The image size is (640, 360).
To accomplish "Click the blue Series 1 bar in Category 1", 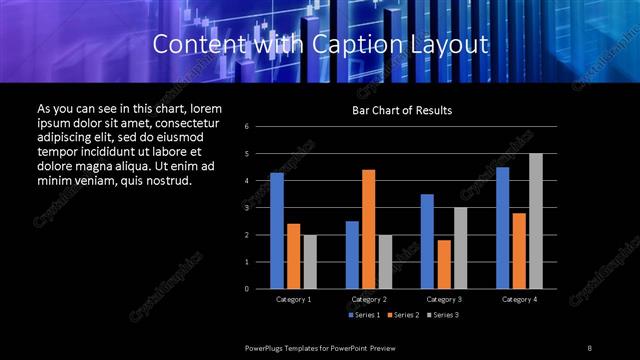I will point(277,230).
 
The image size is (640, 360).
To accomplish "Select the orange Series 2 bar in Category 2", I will point(368,229).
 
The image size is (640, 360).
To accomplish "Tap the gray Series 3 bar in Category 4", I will point(536,221).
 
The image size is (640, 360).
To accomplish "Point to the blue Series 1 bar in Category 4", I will point(503,227).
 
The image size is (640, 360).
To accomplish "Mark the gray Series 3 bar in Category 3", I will point(460,248).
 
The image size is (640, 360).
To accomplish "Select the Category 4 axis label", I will point(519,299).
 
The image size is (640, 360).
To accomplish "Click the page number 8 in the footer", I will point(590,347).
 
